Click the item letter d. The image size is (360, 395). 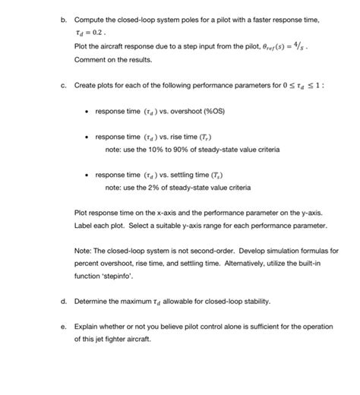(x=63, y=300)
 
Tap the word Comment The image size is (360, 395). (x=92, y=58)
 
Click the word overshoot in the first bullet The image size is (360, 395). (x=178, y=111)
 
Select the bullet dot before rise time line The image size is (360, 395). (x=87, y=137)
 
